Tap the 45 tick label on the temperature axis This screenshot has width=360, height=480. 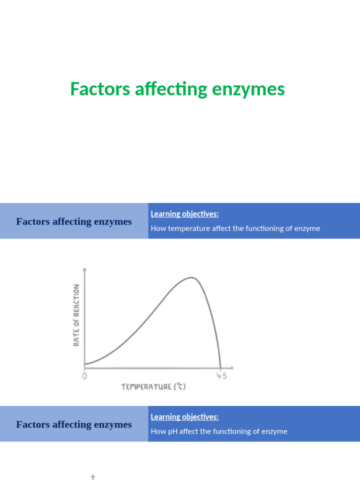(221, 376)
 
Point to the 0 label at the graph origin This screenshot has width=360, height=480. (84, 376)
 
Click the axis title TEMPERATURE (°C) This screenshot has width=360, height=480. (154, 387)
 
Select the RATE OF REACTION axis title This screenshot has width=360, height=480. (76, 315)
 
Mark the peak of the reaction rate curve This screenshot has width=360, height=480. (192, 277)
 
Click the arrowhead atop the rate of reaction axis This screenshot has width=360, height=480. (84, 269)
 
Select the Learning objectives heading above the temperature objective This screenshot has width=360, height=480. (185, 214)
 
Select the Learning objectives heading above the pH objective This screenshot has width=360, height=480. (185, 417)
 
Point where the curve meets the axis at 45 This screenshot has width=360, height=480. (220, 367)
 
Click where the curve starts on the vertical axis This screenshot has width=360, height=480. (85, 363)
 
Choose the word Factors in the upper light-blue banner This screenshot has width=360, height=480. (31, 222)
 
